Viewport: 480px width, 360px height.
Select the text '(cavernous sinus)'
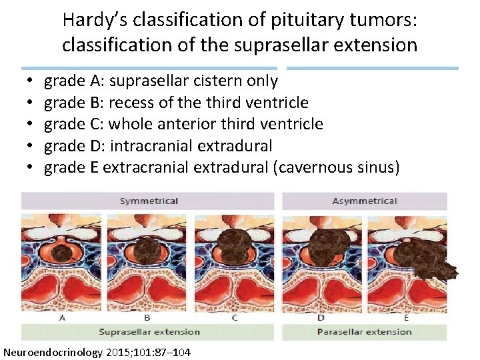tap(337, 167)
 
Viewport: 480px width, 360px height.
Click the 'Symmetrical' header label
tap(149, 201)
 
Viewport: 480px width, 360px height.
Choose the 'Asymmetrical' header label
tap(364, 201)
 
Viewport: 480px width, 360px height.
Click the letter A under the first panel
tap(62, 317)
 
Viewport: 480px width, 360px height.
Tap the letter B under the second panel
tap(147, 317)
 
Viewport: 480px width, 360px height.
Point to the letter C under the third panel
tap(235, 317)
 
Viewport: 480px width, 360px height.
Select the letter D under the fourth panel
tap(321, 317)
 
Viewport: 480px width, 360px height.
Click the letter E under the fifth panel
tap(406, 317)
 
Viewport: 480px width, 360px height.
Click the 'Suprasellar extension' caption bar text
tap(149, 331)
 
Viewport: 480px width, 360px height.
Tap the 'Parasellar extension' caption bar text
tap(364, 331)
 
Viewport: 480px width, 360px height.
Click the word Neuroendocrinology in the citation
tap(53, 351)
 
